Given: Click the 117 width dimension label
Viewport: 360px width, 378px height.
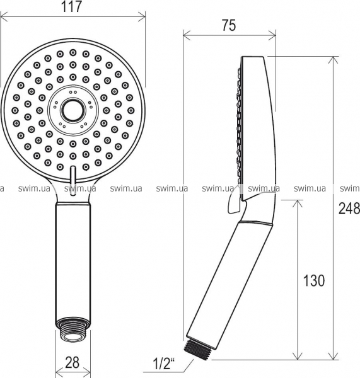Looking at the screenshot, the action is [x=72, y=6].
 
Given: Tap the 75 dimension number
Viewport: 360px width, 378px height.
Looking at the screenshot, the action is [x=229, y=25].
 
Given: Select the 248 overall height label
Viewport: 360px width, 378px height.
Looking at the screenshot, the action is [x=349, y=209].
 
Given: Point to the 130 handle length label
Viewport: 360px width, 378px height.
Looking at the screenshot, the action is [x=314, y=280].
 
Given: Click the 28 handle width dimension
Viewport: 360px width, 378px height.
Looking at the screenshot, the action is [x=72, y=362].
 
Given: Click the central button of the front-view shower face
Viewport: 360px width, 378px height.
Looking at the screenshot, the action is [x=73, y=110].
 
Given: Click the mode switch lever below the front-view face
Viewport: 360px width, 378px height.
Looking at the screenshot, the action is [x=73, y=180].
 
